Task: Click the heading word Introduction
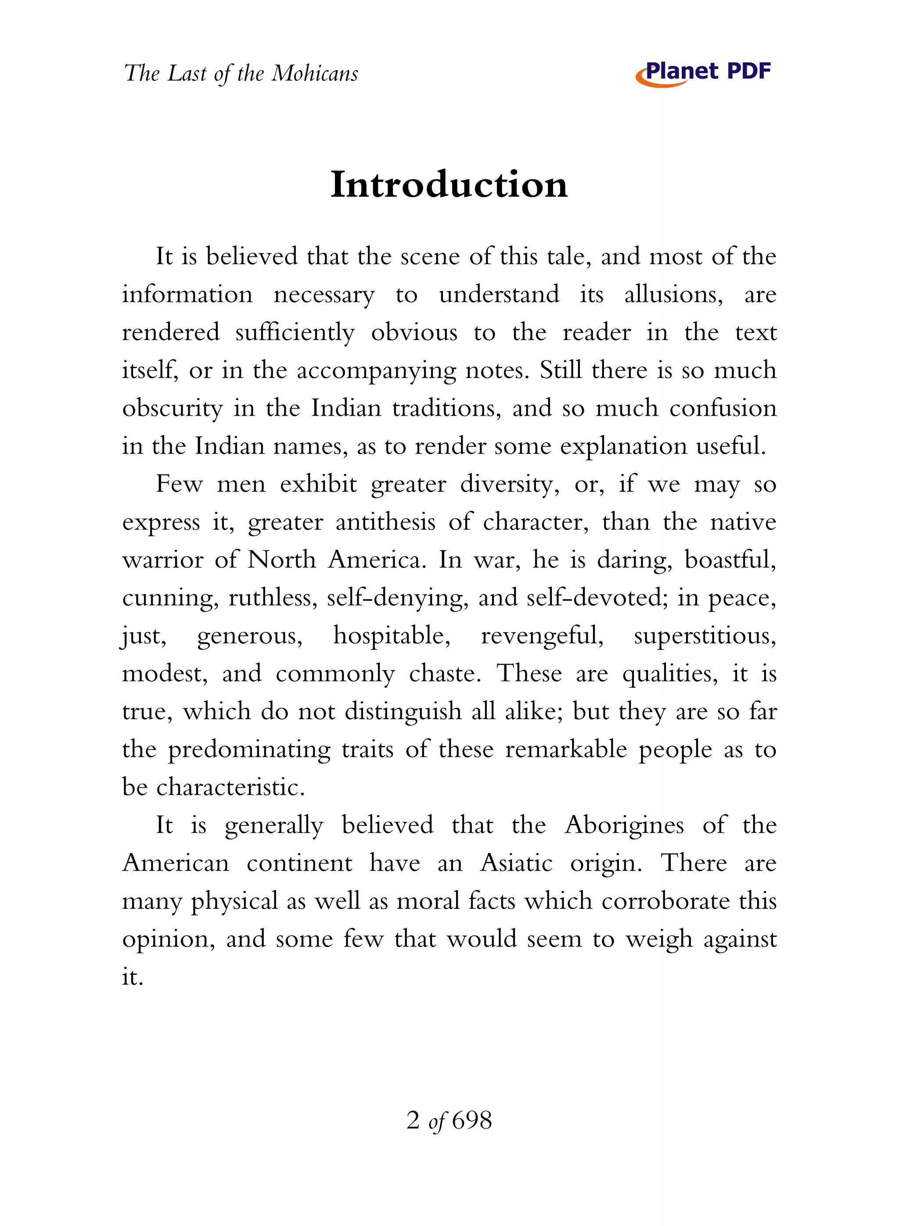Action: coord(449,185)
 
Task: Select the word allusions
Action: coord(673,295)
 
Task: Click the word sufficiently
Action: coord(295,333)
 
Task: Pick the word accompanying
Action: coord(376,371)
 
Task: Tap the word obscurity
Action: coord(172,409)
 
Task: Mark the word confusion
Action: coord(723,409)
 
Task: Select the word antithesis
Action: coord(385,522)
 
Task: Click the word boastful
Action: coord(730,560)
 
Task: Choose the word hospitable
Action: coord(392,636)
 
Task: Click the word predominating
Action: coord(249,750)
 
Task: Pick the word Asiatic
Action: coord(516,864)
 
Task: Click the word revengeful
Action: coord(542,636)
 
